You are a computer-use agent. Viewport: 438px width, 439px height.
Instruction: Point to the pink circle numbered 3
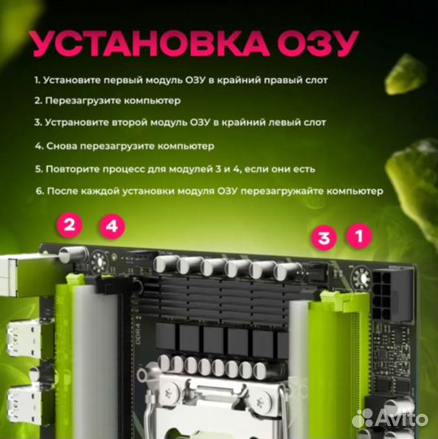pos(324,238)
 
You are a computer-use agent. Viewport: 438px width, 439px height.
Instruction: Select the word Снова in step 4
pos(62,146)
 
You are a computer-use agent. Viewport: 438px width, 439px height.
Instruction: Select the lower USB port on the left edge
pos(16,401)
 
